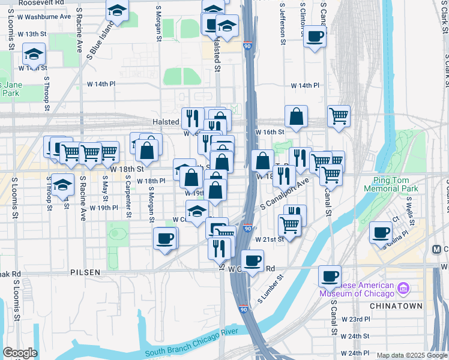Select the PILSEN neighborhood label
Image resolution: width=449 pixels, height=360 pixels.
pyautogui.click(x=85, y=272)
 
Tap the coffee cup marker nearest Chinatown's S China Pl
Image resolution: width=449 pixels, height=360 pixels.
pyautogui.click(x=381, y=232)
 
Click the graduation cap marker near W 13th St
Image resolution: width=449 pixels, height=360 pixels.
pyautogui.click(x=34, y=53)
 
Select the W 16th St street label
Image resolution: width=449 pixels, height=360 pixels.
pyautogui.click(x=270, y=131)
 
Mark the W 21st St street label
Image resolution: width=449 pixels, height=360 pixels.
pyautogui.click(x=269, y=239)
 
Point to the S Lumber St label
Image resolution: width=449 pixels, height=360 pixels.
pyautogui.click(x=270, y=290)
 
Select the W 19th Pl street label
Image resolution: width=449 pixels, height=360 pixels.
pyautogui.click(x=103, y=208)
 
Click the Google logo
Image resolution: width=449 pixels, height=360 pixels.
pyautogui.click(x=20, y=353)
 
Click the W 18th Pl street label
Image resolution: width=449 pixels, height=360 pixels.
pyautogui.click(x=151, y=181)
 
